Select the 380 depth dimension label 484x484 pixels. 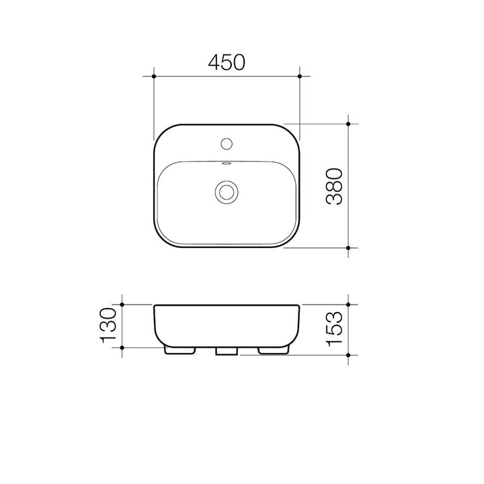click(334, 186)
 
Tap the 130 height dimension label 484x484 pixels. click(110, 325)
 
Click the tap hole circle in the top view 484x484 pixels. click(227, 143)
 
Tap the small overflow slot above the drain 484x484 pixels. click(227, 163)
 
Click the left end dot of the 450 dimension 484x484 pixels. click(154, 77)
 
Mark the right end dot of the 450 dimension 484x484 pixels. click(300, 77)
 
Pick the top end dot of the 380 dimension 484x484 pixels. click(348, 124)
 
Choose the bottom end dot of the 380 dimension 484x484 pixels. click(348, 247)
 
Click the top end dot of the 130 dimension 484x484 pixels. click(122, 305)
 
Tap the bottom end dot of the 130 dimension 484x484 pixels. click(122, 348)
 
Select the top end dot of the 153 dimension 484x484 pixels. click(348, 305)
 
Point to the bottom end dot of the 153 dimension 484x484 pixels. click(348, 355)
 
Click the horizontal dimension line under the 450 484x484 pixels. click(195, 77)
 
